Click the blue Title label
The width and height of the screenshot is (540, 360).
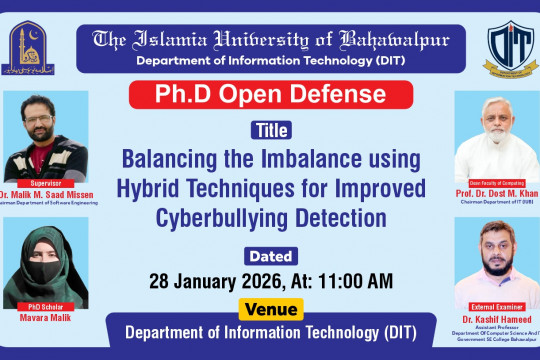click(270, 130)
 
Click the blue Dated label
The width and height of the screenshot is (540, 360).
click(270, 252)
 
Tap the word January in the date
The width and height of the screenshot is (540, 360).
click(205, 277)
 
